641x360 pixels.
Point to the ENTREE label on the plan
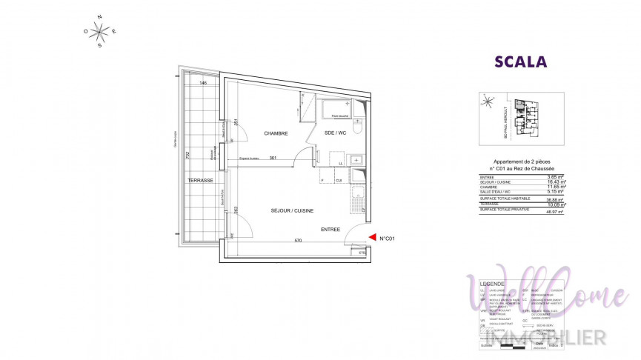(330, 230)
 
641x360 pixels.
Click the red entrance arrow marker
(371, 238)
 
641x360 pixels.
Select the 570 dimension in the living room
(296, 241)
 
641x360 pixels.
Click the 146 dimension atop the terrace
(202, 83)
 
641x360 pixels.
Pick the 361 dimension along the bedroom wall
(272, 159)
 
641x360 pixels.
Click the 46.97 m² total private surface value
(556, 212)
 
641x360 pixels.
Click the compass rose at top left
(101, 30)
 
